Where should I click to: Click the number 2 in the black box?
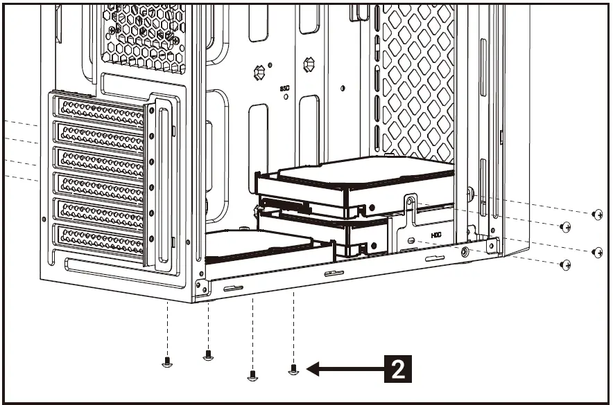398,368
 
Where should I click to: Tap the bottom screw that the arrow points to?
293,370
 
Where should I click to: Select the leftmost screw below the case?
166,361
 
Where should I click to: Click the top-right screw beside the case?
598,215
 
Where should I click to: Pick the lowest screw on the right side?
566,264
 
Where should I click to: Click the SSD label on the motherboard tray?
284,89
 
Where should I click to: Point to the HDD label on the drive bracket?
436,235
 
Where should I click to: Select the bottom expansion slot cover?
102,239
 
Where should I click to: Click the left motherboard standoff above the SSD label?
260,71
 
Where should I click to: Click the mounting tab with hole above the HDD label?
410,204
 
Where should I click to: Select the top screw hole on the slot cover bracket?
151,113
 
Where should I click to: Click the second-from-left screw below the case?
207,355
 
